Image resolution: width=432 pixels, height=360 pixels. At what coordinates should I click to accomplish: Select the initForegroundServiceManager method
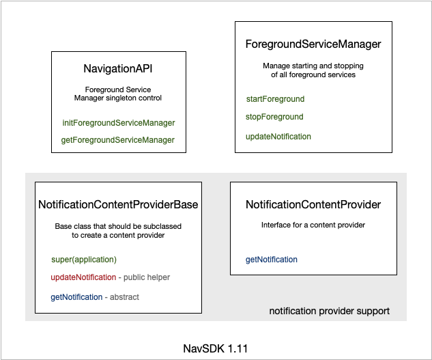[118, 123]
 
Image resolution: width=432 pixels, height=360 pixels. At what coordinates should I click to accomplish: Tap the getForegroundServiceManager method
[118, 140]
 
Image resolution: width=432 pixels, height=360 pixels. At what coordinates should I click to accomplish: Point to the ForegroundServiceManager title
[313, 44]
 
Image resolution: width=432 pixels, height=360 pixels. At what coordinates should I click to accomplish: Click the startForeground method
[275, 99]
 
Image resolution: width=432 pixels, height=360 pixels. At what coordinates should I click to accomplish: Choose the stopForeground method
[274, 117]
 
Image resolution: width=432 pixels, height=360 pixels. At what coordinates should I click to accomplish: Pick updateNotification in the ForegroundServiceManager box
[278, 137]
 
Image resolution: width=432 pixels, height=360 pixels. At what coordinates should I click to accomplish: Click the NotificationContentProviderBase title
[118, 204]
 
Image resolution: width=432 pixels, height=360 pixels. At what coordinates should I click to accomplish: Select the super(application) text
[84, 260]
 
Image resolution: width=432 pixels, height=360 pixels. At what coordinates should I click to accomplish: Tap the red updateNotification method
[83, 277]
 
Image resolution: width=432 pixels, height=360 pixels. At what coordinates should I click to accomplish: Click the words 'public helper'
[146, 277]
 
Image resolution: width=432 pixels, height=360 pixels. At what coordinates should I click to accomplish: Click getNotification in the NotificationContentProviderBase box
[76, 297]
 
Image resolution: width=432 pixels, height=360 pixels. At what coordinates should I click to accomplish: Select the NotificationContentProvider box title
[313, 204]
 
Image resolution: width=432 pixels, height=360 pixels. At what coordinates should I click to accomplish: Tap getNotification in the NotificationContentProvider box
[272, 260]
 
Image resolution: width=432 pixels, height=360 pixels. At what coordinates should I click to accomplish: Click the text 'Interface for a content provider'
[313, 225]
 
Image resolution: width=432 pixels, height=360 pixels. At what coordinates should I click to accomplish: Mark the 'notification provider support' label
[329, 311]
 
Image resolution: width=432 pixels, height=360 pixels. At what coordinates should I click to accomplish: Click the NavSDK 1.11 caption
[216, 348]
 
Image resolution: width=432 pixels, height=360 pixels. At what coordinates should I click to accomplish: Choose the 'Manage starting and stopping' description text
[313, 66]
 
